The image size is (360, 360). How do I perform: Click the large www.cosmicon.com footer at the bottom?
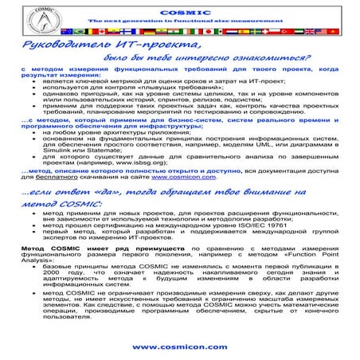[x=179, y=347]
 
